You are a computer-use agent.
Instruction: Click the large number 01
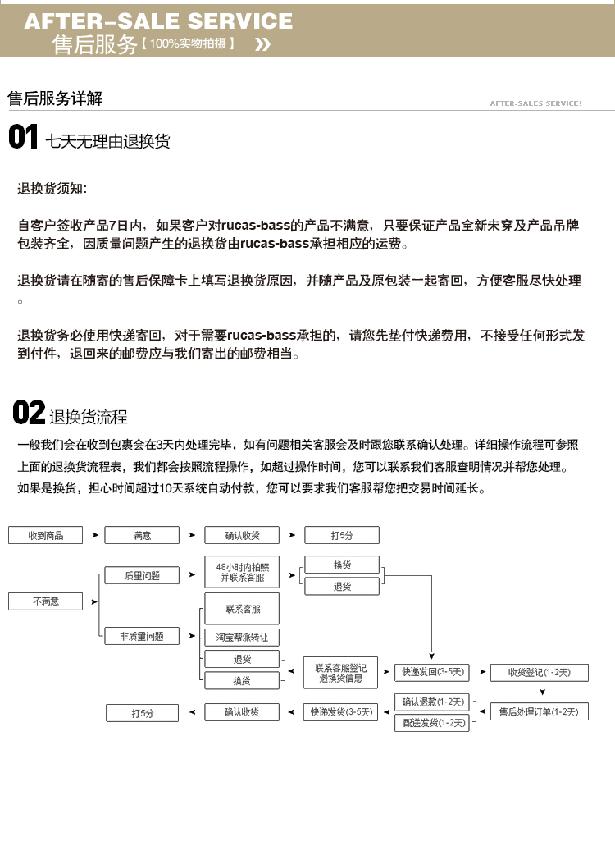24,137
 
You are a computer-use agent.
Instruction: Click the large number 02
29,412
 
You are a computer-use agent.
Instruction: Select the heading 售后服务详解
55,99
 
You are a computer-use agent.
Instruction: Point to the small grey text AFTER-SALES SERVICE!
535,103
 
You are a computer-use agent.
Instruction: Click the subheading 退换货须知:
52,189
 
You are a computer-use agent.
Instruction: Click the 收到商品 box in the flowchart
46,536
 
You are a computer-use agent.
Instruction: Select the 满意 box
142,536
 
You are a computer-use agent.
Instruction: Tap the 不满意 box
46,601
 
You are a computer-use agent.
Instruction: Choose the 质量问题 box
142,576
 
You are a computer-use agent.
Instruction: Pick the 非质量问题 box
142,636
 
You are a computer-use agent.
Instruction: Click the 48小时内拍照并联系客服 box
242,572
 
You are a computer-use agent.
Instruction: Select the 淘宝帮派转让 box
242,637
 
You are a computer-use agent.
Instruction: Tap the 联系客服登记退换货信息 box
340,674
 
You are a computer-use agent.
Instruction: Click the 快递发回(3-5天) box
432,673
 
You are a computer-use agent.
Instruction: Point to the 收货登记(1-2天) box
539,673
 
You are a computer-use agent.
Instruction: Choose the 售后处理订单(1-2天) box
539,712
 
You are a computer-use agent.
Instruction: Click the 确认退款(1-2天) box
432,702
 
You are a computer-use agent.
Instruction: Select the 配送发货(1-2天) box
432,723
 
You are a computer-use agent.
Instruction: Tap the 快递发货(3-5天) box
340,712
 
